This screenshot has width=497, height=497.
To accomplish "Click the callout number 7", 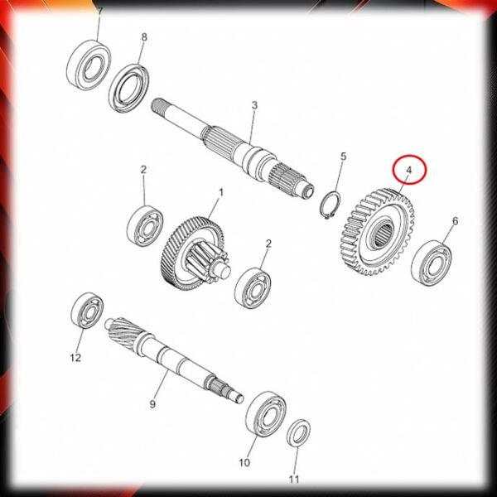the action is pyautogui.click(x=100, y=12).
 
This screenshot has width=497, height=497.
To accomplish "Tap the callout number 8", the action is pyautogui.click(x=144, y=37).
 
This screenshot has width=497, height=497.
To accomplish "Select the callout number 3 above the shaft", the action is pyautogui.click(x=254, y=105).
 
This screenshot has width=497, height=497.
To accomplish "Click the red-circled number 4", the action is pyautogui.click(x=409, y=170).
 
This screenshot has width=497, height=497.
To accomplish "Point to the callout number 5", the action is pyautogui.click(x=344, y=157).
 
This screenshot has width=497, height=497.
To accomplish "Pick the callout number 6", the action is pyautogui.click(x=455, y=221).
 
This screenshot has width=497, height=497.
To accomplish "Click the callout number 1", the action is pyautogui.click(x=221, y=193).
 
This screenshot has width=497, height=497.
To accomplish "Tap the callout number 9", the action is pyautogui.click(x=152, y=404).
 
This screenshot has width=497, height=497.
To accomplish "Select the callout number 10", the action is pyautogui.click(x=244, y=463).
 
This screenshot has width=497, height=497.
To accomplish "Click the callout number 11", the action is pyautogui.click(x=294, y=480).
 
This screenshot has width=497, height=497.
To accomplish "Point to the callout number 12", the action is pyautogui.click(x=75, y=358).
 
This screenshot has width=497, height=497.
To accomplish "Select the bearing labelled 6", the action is pyautogui.click(x=432, y=263).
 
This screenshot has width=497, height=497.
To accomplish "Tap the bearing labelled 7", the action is pyautogui.click(x=89, y=65).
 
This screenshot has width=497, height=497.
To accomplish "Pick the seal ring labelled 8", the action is pyautogui.click(x=129, y=88).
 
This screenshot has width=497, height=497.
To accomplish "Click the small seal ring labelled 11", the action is pyautogui.click(x=298, y=432).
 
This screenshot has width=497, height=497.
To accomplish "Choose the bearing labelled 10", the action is pyautogui.click(x=266, y=414).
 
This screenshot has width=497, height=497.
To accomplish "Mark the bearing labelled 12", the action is pyautogui.click(x=87, y=310).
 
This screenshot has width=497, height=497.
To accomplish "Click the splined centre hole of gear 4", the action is pyautogui.click(x=384, y=234).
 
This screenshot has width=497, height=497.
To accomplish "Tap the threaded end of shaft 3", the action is pyautogui.click(x=160, y=108).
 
